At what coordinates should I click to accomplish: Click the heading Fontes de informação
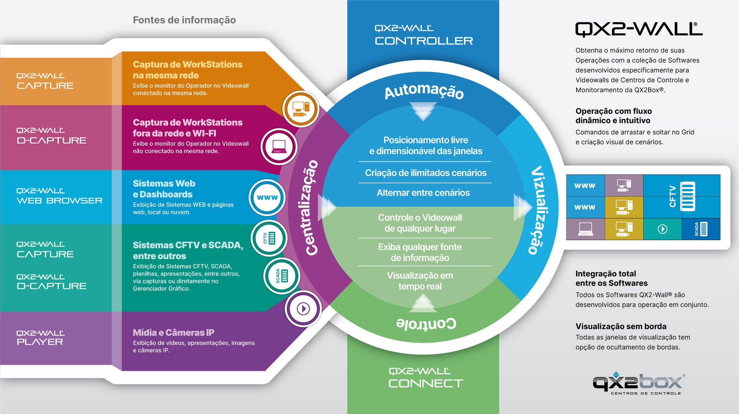coord(184,20)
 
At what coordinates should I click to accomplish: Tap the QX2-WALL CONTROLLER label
coord(424,35)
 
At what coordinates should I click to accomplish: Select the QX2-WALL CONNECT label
coord(425,378)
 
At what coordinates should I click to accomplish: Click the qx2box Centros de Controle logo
coord(639,384)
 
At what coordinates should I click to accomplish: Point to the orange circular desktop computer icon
coord(301,109)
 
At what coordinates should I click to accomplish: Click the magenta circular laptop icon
coord(279,147)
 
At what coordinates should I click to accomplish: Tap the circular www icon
coord(267,197)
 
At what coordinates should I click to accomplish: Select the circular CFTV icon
coord(269,238)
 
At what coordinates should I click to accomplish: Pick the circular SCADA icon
coord(282,276)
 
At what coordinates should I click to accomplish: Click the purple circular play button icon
coord(303,309)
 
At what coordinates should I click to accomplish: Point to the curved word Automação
coord(424,91)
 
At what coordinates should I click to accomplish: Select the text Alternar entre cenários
coord(423,193)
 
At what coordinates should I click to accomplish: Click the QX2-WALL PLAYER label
coord(40,338)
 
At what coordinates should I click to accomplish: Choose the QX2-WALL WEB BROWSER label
coord(60,196)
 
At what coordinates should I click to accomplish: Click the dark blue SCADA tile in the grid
coord(701,229)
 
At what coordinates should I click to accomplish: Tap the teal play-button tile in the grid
coord(662,229)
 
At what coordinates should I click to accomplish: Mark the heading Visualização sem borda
coord(621,326)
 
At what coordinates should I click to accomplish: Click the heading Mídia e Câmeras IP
coord(174,333)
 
